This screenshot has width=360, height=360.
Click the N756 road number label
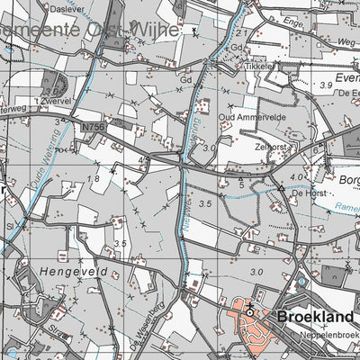click(x=92, y=129)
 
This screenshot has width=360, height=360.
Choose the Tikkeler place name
click(x=259, y=67)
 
